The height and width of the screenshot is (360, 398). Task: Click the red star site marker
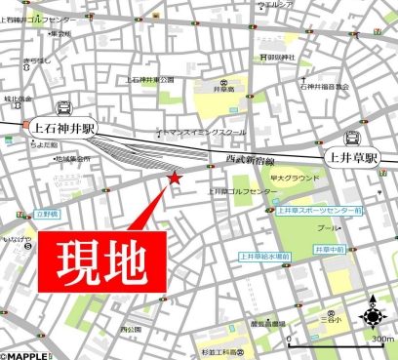click(175, 178)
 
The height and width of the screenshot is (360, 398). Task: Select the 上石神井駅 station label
click(63, 126)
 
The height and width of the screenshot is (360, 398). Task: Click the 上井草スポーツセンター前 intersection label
click(318, 210)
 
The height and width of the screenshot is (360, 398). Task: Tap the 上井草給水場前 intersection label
click(264, 257)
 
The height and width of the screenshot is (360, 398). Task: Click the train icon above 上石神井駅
click(64, 107)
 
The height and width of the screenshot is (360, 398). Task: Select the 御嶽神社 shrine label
click(280, 58)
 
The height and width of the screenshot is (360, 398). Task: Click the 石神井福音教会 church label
click(326, 87)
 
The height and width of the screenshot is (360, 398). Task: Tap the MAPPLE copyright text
click(24, 353)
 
